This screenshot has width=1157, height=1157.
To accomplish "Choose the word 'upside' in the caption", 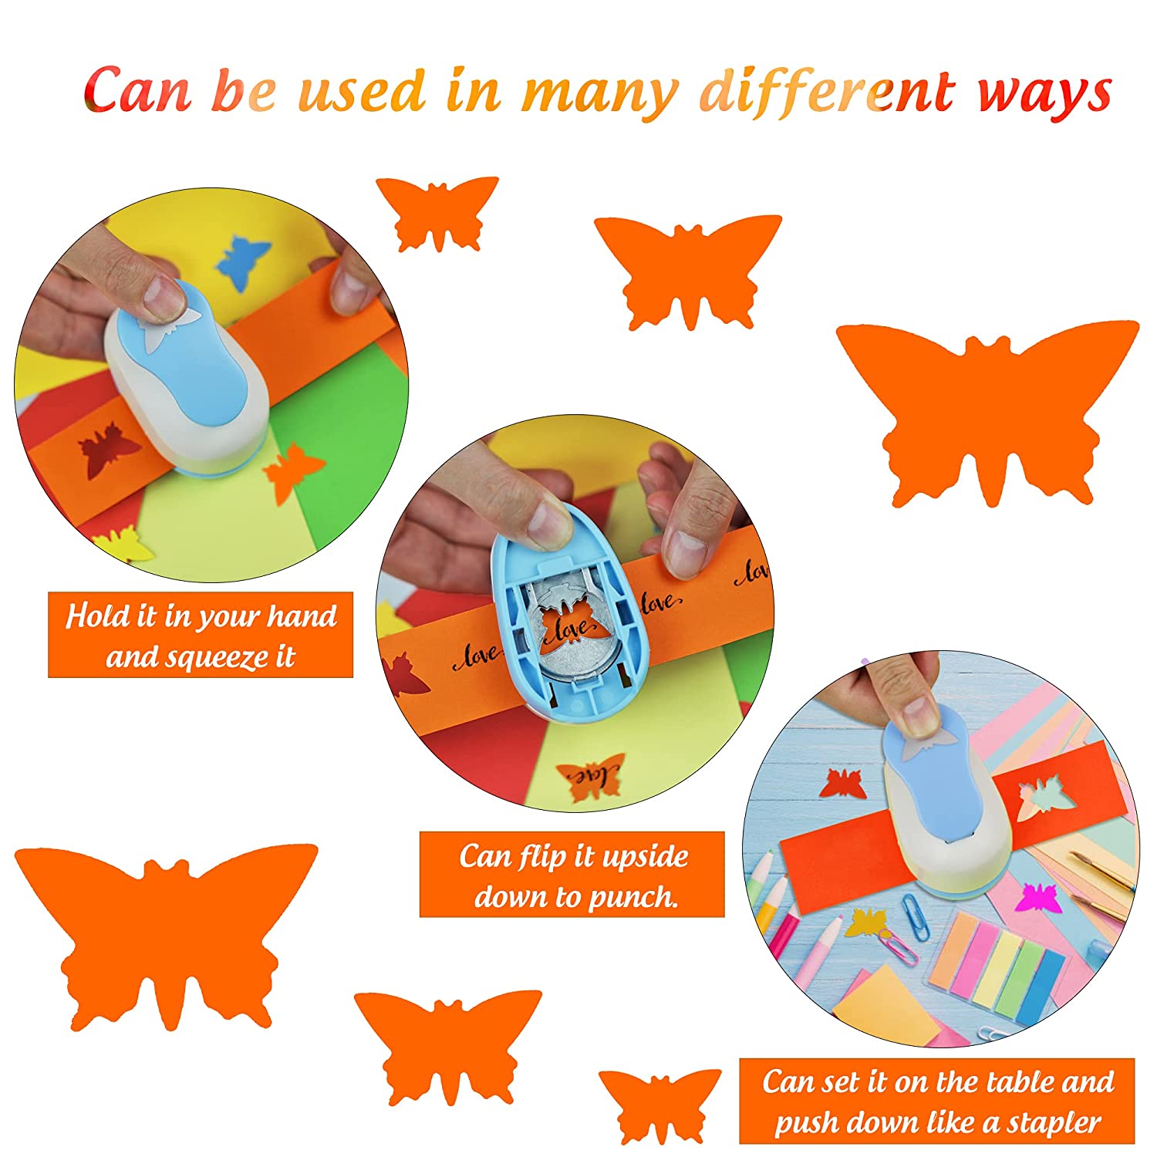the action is click(645, 857).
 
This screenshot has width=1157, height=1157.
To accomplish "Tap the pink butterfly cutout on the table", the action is click(1036, 897).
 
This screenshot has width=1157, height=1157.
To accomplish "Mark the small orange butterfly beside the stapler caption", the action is click(660, 1105).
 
